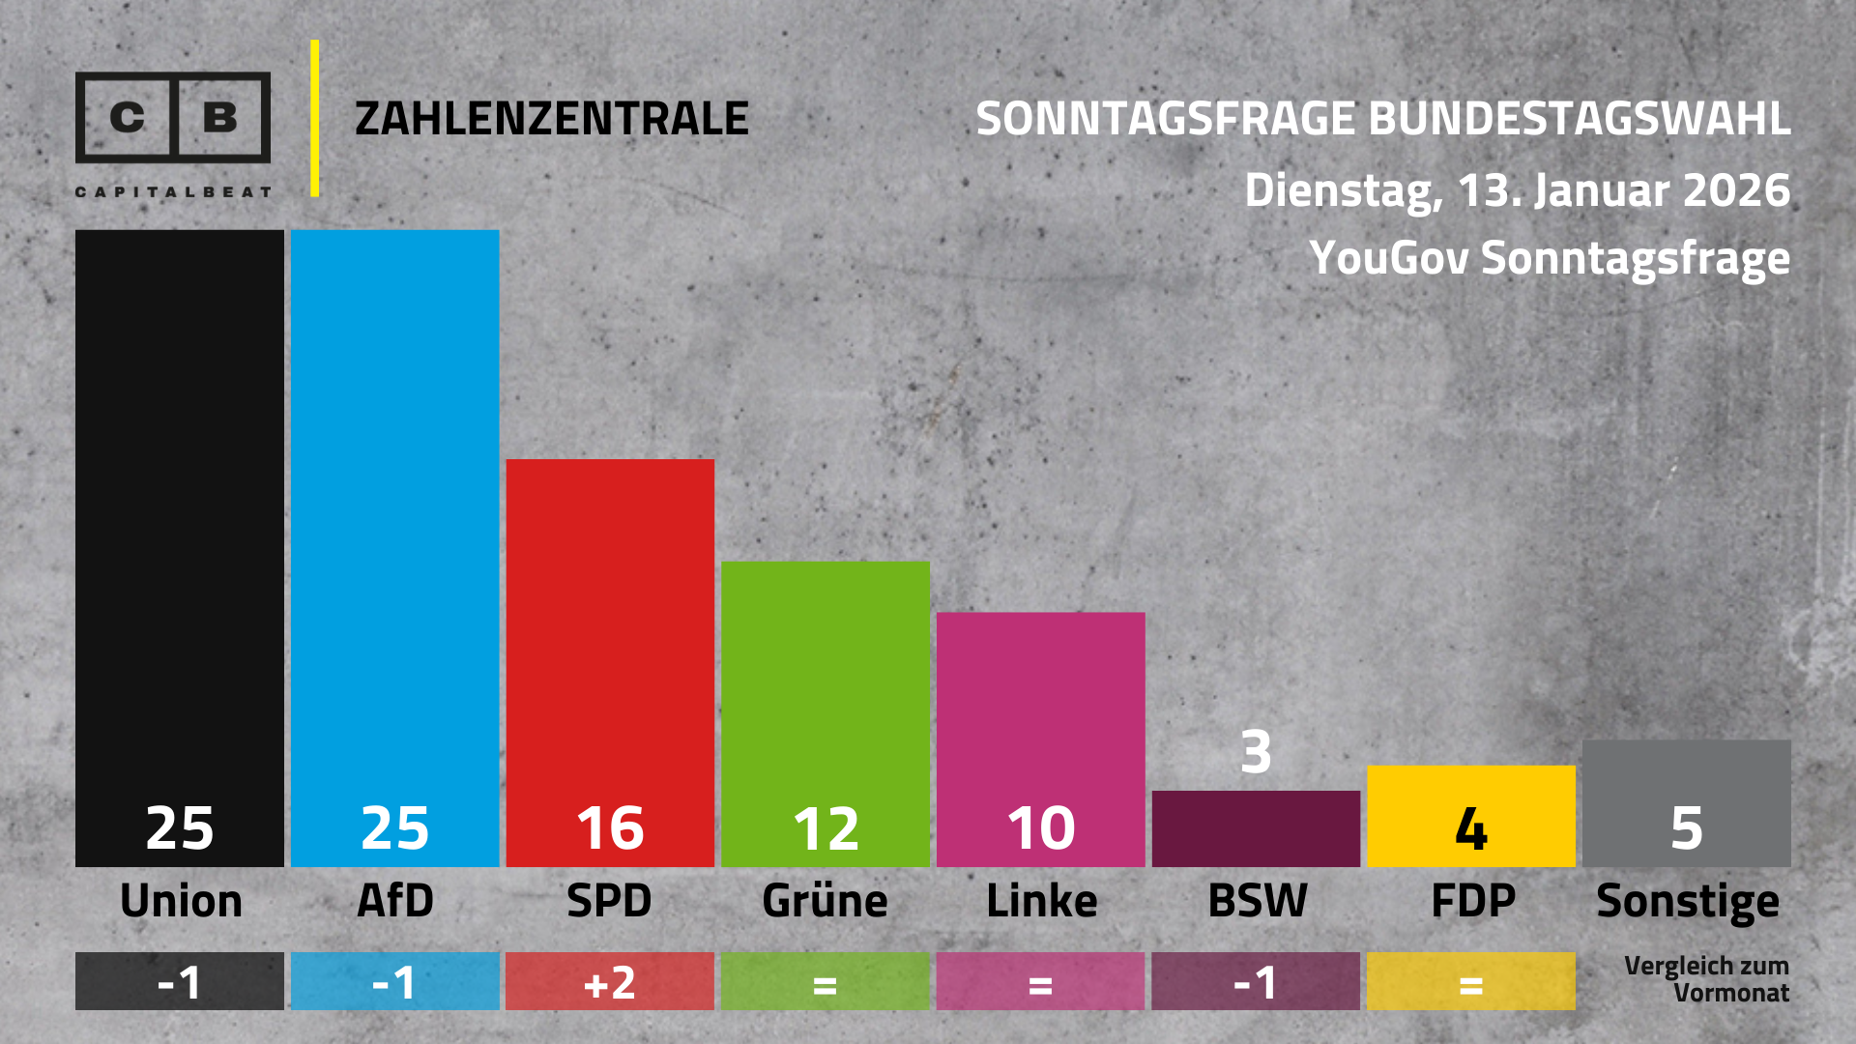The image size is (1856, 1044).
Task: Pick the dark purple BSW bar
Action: (x=1256, y=828)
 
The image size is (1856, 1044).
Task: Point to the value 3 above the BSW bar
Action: (x=1256, y=752)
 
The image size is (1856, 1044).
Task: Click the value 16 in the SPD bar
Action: (x=610, y=828)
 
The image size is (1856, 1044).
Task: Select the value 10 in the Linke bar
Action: (x=1040, y=828)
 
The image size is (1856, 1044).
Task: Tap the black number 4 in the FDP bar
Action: (x=1470, y=828)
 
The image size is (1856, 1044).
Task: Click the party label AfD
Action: (x=394, y=901)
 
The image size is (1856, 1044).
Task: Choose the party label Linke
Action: (x=1041, y=901)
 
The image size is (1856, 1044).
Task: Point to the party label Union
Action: (x=181, y=901)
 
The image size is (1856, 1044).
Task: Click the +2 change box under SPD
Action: (x=610, y=981)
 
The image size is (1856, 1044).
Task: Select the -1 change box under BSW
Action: (x=1256, y=981)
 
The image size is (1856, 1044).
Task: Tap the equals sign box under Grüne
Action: (x=825, y=981)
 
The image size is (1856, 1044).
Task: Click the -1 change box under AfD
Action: (x=394, y=981)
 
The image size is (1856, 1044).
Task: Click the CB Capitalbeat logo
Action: (x=173, y=130)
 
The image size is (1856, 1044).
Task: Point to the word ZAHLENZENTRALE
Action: (x=551, y=119)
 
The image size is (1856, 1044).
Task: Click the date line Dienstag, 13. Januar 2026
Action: (x=1517, y=190)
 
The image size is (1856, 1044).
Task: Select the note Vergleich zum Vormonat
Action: (x=1707, y=979)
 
